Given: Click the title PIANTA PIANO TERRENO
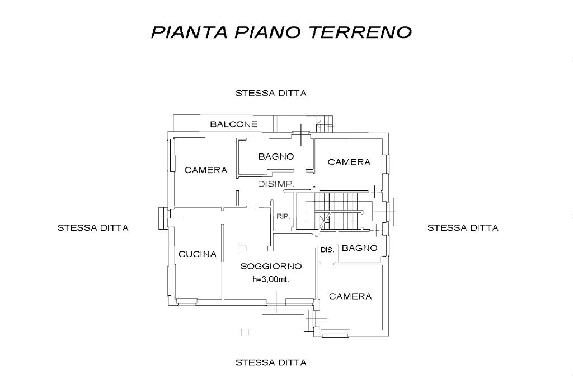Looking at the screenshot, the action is tap(281, 32).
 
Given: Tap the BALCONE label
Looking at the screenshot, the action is tap(234, 124).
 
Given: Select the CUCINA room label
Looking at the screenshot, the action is tap(198, 254).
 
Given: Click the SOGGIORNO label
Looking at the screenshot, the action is tap(271, 267).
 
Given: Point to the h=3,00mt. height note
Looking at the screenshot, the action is tap(271, 279).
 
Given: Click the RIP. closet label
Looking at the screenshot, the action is tap(283, 217).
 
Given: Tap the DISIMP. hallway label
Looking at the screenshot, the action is tap(276, 184).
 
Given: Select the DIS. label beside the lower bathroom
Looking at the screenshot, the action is tap(327, 250).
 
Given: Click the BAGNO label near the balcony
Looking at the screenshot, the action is tap(276, 157).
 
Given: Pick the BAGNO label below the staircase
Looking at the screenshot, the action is tap(360, 248).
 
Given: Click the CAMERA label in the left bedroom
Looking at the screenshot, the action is tap(206, 170).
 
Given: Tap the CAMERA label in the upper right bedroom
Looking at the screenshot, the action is tap(349, 162).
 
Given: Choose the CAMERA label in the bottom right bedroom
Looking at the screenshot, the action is tap(350, 296).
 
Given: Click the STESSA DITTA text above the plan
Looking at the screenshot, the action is tap(271, 94).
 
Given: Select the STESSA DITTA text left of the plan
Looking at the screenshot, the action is tap(93, 228).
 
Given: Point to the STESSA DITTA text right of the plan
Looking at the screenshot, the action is tap(463, 228).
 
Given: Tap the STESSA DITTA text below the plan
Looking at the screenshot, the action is tap(271, 362).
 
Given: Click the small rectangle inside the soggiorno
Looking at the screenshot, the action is tap(242, 249).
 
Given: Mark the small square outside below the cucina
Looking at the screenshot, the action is tap(245, 332).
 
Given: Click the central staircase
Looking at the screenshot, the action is tap(334, 211).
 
